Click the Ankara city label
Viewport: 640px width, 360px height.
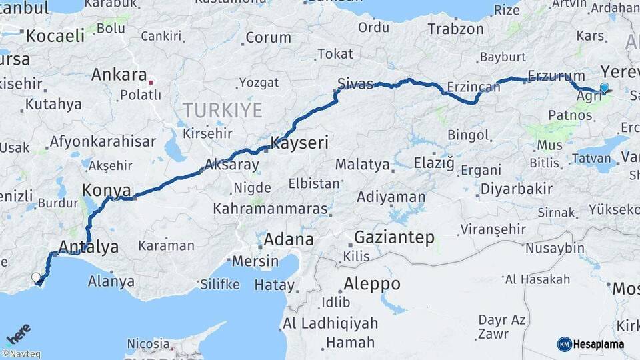pyautogui.click(x=119, y=74)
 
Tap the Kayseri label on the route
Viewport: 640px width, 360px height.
pyautogui.click(x=299, y=142)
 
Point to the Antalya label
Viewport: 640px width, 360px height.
pyautogui.click(x=89, y=247)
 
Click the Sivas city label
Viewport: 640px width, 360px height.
pyautogui.click(x=355, y=83)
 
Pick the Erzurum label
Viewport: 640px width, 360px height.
pyautogui.click(x=555, y=76)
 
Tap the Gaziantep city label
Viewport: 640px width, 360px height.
pyautogui.click(x=394, y=237)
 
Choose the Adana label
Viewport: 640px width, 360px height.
pyautogui.click(x=289, y=239)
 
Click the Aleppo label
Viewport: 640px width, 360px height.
pyautogui.click(x=371, y=284)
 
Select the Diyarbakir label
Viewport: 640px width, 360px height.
pyautogui.click(x=516, y=189)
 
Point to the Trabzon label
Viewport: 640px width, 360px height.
pyautogui.click(x=455, y=29)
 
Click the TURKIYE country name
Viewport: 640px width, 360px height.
pyautogui.click(x=223, y=110)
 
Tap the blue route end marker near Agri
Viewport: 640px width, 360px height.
pyautogui.click(x=605, y=87)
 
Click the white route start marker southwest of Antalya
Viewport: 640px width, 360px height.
pyautogui.click(x=36, y=277)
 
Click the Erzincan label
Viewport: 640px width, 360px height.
pyautogui.click(x=473, y=87)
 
